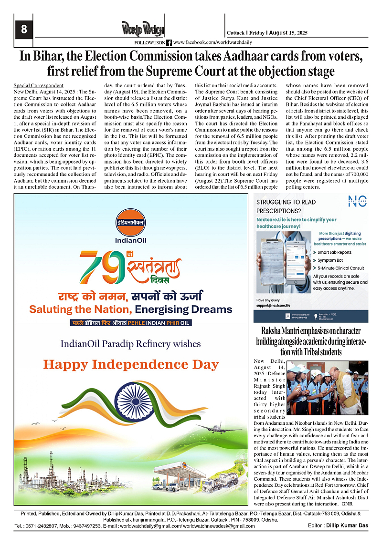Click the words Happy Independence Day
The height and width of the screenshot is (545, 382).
pos(131,365)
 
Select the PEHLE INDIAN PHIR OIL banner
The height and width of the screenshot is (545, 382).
pos(131,323)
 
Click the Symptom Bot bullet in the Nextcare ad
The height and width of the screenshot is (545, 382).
pos(330,260)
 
